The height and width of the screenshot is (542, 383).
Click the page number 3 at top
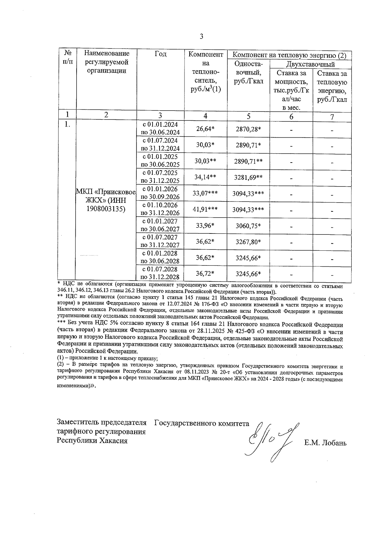pyautogui.click(x=201, y=36)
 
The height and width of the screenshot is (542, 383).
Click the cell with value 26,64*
pyautogui.click(x=205, y=129)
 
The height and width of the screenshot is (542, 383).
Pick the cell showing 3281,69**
pyautogui.click(x=248, y=178)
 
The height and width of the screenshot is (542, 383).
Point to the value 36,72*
pyautogui.click(x=205, y=274)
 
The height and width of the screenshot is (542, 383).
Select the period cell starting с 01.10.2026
pyautogui.click(x=160, y=209)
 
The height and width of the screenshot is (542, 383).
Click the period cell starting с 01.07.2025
pyautogui.click(x=160, y=177)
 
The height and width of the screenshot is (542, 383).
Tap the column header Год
pyautogui.click(x=160, y=54)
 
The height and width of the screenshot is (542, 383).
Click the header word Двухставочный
pyautogui.click(x=310, y=65)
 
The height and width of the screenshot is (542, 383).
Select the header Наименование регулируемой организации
pyautogui.click(x=106, y=62)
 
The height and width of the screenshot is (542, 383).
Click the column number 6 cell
pyautogui.click(x=291, y=117)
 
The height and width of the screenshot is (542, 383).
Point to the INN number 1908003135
pyautogui.click(x=106, y=209)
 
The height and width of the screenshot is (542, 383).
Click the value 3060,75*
pyautogui.click(x=248, y=226)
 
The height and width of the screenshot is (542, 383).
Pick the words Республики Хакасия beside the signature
pyautogui.click(x=92, y=441)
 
